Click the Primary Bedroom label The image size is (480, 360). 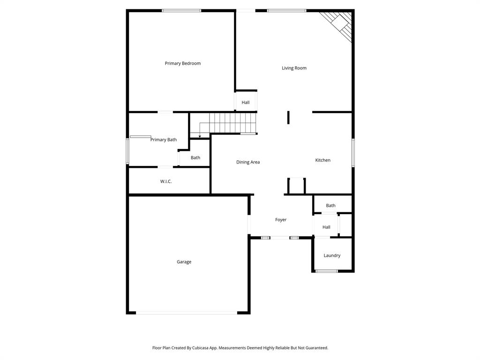[x=182, y=63]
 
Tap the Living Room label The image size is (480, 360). [x=294, y=68]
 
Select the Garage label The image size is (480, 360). [x=184, y=262]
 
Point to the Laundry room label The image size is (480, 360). [x=332, y=255]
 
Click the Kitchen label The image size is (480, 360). [x=322, y=160]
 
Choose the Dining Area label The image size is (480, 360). [x=248, y=162]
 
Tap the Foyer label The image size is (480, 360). [x=281, y=220]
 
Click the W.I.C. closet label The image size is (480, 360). [x=166, y=181]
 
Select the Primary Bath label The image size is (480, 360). [x=164, y=140]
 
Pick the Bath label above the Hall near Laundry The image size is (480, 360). [x=331, y=206]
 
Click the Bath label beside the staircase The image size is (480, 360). [x=195, y=158]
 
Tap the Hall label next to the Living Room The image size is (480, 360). [x=246, y=103]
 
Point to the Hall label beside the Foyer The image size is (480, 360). [x=326, y=227]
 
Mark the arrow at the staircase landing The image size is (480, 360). [x=200, y=135]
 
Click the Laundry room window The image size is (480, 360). [x=326, y=271]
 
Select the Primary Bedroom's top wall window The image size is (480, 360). [x=181, y=10]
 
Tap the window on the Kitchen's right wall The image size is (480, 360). [x=353, y=153]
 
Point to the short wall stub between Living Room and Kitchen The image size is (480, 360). [x=288, y=117]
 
